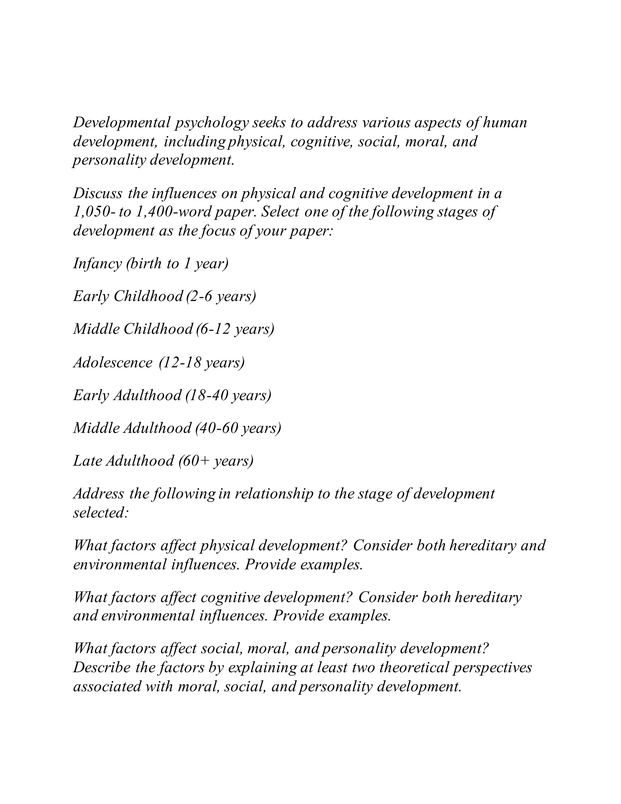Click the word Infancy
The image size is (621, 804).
click(x=97, y=264)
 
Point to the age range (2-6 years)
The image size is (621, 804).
click(x=221, y=296)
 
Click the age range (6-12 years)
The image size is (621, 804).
click(x=235, y=329)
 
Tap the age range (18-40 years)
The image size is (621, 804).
click(x=228, y=395)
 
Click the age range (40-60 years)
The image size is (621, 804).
click(x=238, y=428)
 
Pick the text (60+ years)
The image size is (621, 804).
click(x=216, y=461)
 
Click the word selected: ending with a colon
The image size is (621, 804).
click(x=100, y=513)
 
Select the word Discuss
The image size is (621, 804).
click(x=98, y=194)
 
